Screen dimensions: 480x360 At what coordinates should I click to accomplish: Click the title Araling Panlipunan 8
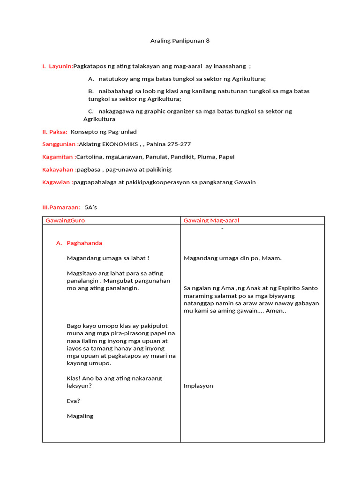click(180, 41)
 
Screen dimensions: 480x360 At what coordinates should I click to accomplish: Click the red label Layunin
click(61, 66)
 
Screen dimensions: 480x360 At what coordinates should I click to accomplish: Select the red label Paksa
click(58, 132)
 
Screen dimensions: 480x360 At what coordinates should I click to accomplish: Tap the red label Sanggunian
click(60, 144)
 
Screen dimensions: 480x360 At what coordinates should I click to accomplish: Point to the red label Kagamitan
click(59, 157)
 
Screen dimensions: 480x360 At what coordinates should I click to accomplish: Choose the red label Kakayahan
click(59, 169)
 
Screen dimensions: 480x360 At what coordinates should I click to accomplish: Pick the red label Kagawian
click(57, 182)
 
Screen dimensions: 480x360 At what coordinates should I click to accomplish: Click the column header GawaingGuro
click(65, 220)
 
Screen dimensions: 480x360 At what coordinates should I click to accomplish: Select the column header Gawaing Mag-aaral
click(211, 220)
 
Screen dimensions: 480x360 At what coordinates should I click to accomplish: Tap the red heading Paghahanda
click(84, 243)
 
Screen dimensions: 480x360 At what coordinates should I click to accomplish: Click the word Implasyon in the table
click(198, 386)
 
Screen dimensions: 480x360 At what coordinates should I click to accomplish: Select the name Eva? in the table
click(74, 401)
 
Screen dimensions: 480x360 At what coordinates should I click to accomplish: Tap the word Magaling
click(80, 416)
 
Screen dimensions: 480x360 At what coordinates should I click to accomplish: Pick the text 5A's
click(91, 207)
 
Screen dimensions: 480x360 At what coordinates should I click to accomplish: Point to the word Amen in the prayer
click(274, 310)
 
